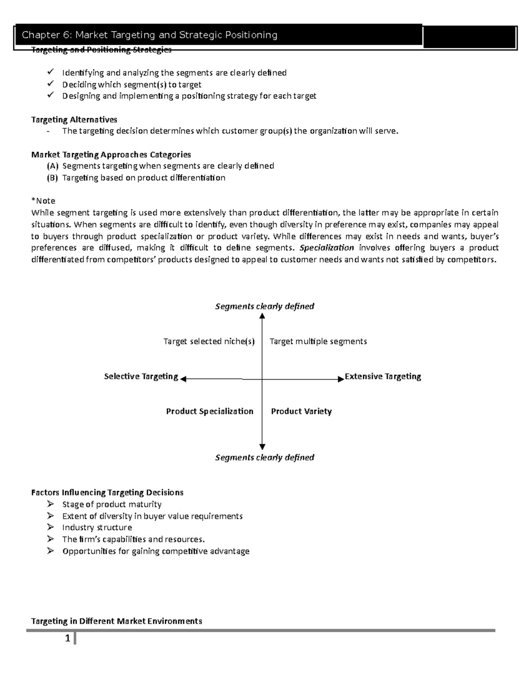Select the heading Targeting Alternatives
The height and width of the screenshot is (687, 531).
(74, 119)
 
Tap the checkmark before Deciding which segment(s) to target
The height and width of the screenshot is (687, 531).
(50, 84)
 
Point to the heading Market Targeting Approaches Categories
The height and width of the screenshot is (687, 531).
(111, 154)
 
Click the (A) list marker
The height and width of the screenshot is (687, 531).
(52, 166)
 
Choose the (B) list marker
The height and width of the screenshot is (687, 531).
(52, 178)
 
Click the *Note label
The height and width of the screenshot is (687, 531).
(43, 201)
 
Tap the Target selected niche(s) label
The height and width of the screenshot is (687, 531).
(209, 342)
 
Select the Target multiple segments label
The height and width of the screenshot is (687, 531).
(318, 342)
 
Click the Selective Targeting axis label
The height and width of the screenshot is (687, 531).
(141, 376)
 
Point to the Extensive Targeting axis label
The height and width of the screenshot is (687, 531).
(383, 376)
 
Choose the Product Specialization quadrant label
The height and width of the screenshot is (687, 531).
(209, 411)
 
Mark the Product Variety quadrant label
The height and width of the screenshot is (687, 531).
(301, 411)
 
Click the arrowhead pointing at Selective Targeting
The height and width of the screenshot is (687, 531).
(183, 379)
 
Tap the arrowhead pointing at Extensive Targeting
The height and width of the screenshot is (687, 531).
(341, 379)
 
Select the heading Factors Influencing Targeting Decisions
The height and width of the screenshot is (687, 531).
(107, 492)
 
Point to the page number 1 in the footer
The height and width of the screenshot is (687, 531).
(67, 638)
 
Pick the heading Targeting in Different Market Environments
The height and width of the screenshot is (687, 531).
(116, 621)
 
